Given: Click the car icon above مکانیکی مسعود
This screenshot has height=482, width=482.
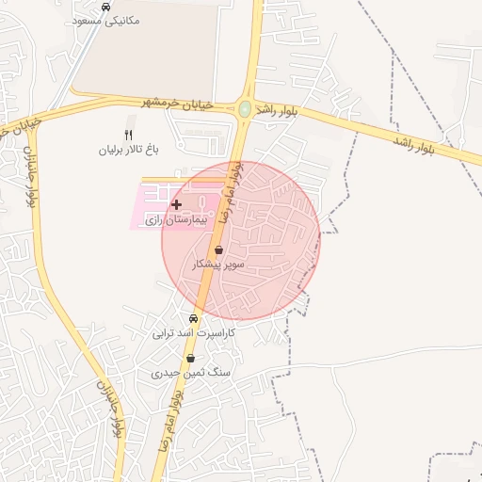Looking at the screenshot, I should (x=104, y=6).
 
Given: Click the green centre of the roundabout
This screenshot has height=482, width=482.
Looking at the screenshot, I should (x=245, y=109).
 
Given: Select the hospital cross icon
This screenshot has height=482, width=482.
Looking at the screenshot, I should (x=176, y=204).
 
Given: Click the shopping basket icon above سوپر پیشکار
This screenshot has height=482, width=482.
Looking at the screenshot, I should (x=219, y=250).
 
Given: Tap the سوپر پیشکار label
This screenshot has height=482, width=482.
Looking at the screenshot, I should (x=218, y=265).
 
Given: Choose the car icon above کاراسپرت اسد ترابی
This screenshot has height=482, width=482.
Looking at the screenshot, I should (x=194, y=318).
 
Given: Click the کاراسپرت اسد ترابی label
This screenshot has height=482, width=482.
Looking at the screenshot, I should (x=194, y=332).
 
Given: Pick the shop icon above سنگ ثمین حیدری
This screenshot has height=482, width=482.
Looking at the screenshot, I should (x=191, y=359).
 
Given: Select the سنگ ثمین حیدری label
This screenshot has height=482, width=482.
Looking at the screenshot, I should (x=191, y=373).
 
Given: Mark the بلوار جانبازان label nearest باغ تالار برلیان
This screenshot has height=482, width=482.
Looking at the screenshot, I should (x=31, y=178).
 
